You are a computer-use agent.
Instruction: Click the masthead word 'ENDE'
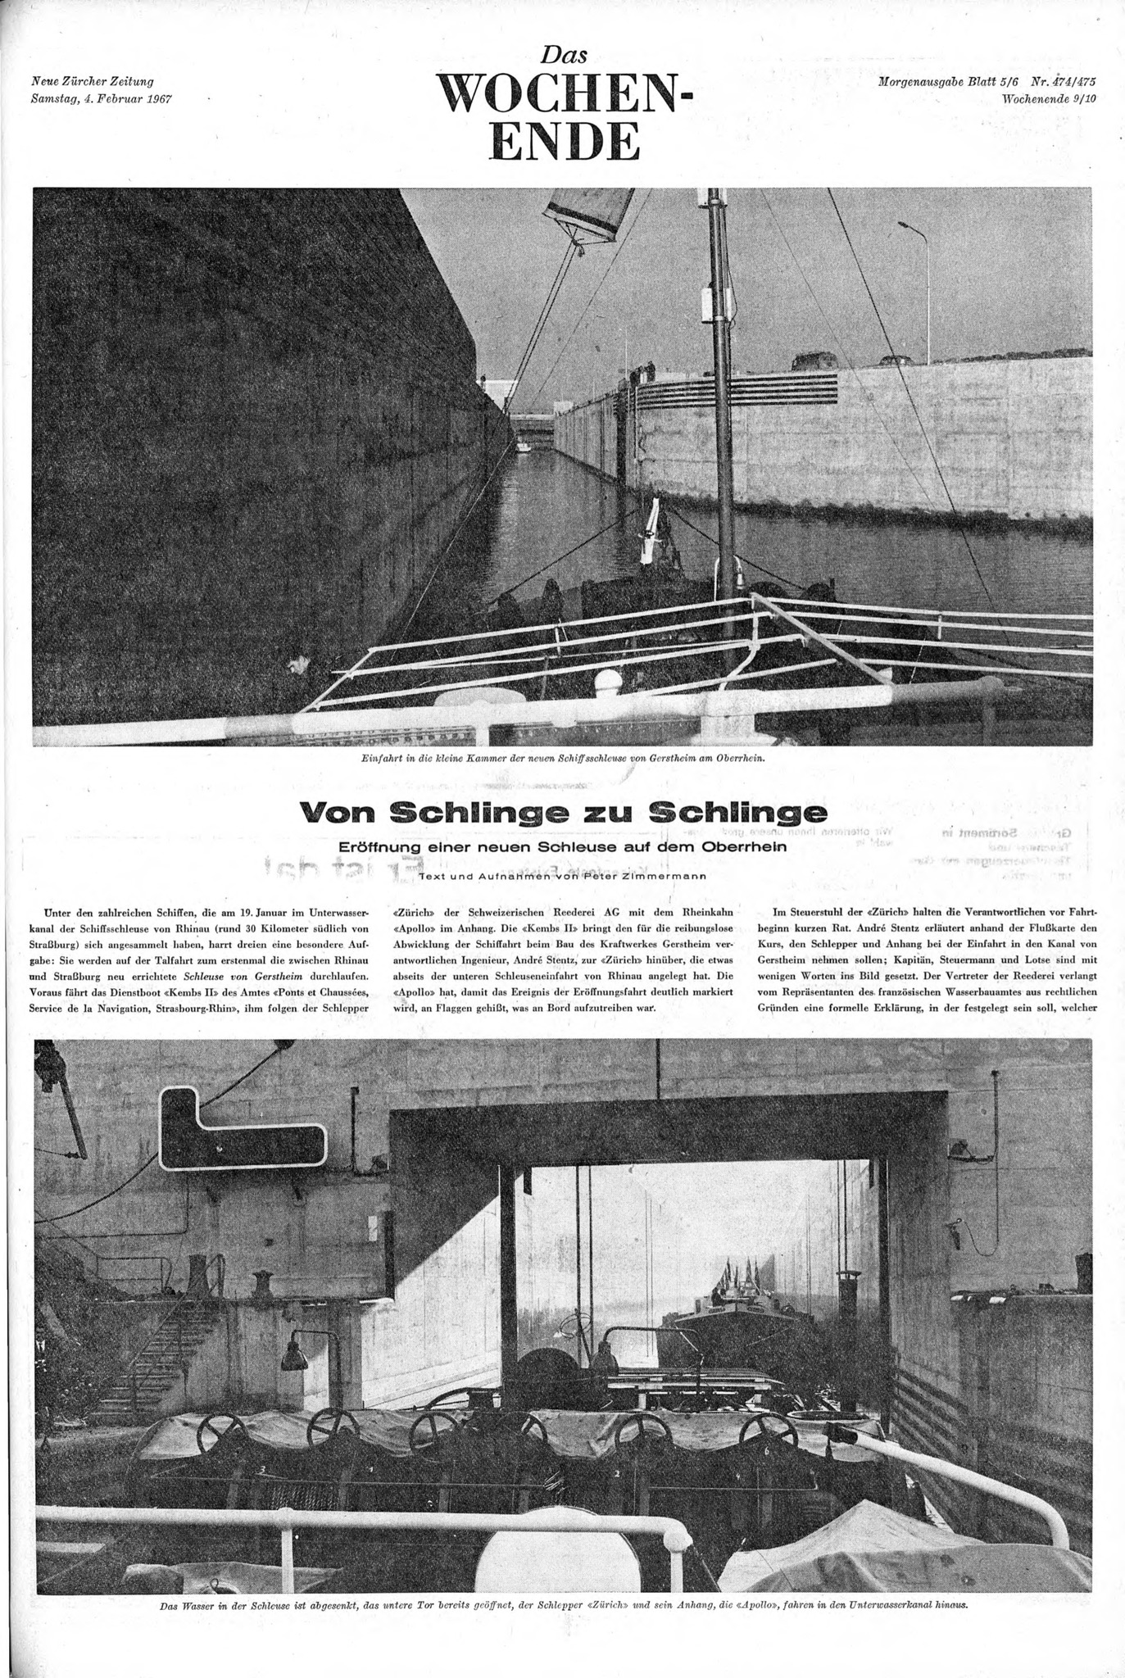click(565, 142)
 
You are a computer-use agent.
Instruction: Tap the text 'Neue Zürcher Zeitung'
click(93, 81)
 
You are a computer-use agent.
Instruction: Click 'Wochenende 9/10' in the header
click(1049, 98)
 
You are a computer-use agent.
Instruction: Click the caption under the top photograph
click(564, 758)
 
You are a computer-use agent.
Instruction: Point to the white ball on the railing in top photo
click(609, 681)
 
